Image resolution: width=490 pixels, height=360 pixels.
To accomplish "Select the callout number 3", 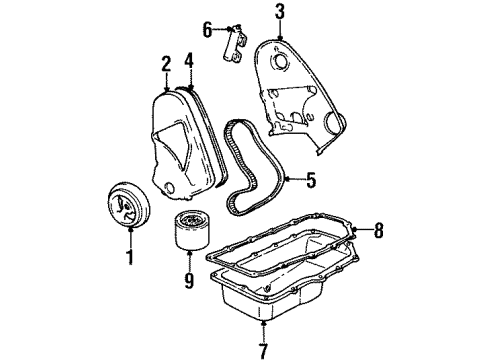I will tap(281, 13).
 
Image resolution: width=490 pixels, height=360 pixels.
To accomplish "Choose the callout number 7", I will tap(264, 350).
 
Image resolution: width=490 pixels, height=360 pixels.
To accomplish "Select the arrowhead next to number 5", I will tap(291, 180).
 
